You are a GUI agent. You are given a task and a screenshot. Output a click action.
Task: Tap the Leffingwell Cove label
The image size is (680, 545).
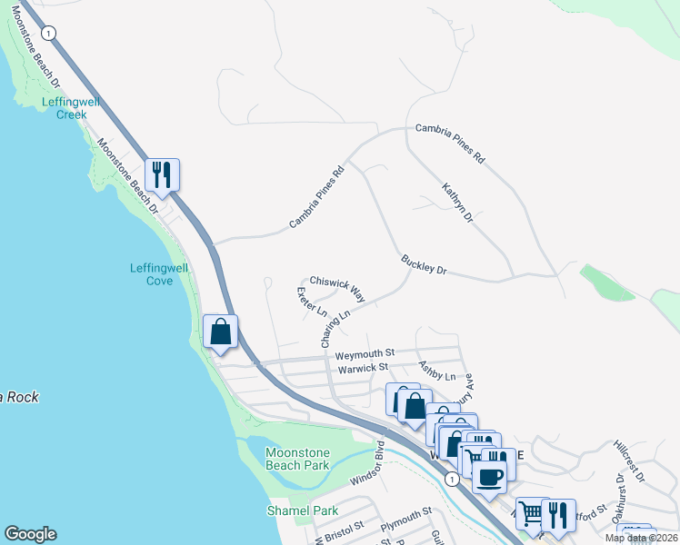159,274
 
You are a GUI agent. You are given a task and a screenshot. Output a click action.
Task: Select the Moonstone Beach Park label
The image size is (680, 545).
296,459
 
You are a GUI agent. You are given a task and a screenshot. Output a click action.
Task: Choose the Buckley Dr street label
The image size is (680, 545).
425,265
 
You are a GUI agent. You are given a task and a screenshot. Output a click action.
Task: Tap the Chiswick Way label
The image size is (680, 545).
337,289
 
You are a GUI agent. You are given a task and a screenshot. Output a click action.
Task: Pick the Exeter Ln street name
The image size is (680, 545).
311,302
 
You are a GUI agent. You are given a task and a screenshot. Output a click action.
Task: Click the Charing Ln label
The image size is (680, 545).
335,330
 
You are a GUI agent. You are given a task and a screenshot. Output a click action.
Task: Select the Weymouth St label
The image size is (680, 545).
364,352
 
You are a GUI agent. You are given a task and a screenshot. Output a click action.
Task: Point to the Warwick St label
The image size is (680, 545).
363,368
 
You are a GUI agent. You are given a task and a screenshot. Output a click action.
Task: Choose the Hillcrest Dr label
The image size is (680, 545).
627,462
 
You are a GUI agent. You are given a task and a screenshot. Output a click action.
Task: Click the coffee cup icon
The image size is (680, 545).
489,477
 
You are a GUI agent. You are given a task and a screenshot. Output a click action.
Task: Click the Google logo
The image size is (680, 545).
30,534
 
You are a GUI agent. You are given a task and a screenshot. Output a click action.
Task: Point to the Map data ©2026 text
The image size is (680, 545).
642,538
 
